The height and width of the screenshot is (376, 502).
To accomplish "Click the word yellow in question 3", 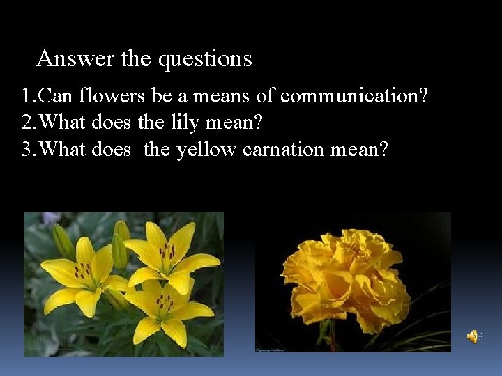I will pos(207,150).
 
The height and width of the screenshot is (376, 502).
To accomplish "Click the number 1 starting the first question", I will pos(25,96).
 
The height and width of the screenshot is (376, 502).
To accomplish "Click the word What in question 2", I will pos(63,123).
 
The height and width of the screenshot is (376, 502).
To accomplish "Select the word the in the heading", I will pos(135,58).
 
